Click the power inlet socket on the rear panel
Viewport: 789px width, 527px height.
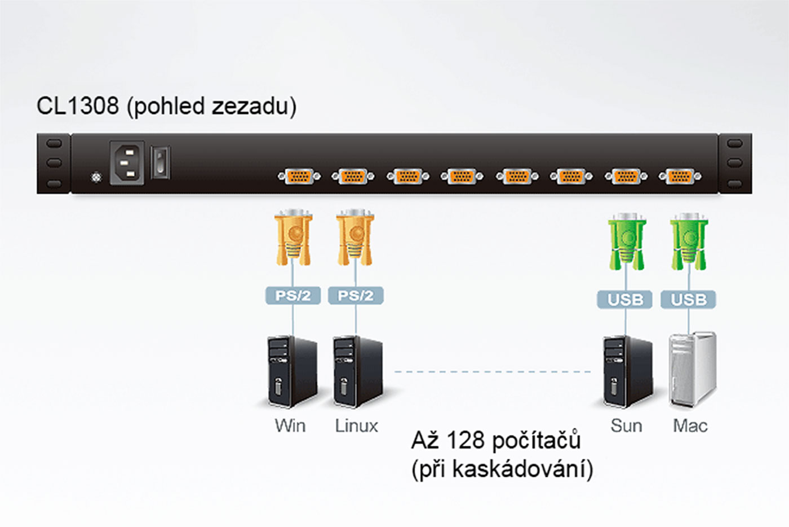[126, 163]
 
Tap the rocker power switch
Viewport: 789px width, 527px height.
[161, 163]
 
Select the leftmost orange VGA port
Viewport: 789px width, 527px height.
[299, 177]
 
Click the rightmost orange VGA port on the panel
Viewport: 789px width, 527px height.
[680, 177]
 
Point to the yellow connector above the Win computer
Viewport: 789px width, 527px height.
[293, 238]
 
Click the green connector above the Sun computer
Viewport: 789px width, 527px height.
[627, 241]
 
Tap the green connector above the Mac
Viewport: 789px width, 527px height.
[689, 241]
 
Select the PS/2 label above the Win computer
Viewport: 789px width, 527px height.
[293, 296]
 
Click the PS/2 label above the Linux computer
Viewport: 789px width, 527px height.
[355, 296]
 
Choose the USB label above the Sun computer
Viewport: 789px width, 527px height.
[625, 300]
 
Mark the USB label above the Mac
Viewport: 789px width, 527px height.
[688, 300]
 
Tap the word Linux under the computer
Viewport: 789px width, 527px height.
[356, 425]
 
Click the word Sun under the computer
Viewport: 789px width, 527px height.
[626, 425]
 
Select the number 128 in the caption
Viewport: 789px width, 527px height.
[465, 441]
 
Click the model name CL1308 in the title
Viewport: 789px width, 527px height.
[78, 106]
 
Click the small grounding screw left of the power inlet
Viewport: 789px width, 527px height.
[96, 178]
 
